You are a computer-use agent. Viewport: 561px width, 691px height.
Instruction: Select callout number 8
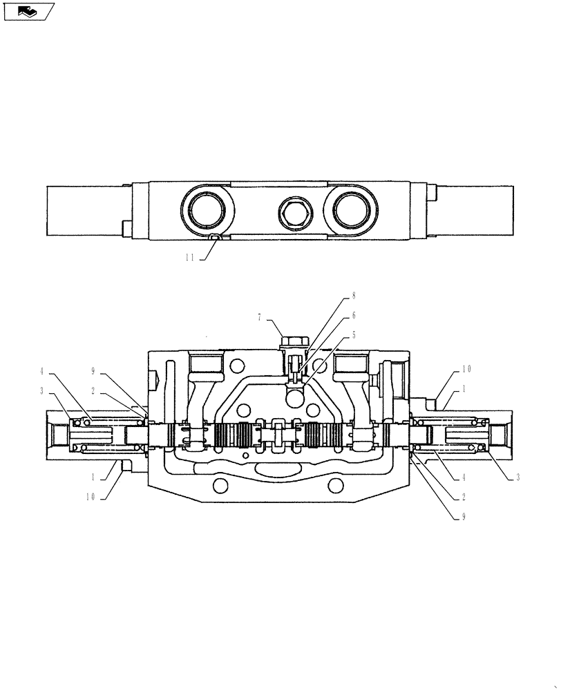(x=354, y=295)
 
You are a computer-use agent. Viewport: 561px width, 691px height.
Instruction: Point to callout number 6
(x=354, y=315)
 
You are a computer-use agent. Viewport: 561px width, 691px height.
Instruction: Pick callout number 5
(x=354, y=334)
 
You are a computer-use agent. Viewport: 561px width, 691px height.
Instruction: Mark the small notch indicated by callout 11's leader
(x=215, y=237)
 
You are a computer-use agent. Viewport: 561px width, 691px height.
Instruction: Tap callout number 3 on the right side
(x=516, y=477)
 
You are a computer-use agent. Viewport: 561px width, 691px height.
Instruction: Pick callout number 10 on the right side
(x=467, y=370)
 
